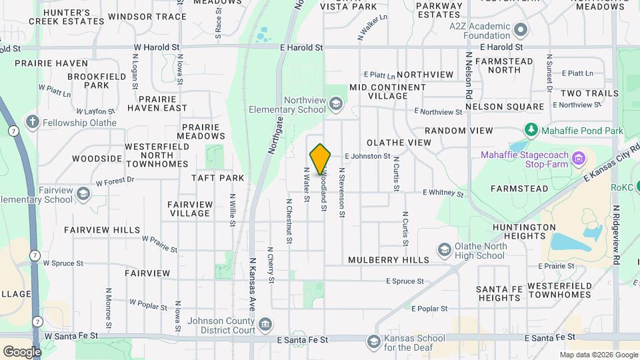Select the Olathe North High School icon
tap(444, 250)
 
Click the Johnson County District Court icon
tap(265, 325)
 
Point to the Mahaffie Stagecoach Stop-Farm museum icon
tap(579, 159)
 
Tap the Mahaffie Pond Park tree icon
tap(531, 129)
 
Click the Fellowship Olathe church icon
tap(31, 122)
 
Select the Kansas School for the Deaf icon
tap(373, 342)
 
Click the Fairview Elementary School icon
tap(83, 194)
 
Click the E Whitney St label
tap(443, 193)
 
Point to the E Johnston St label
tap(367, 156)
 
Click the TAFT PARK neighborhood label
tap(218, 178)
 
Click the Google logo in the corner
tap(23, 351)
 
